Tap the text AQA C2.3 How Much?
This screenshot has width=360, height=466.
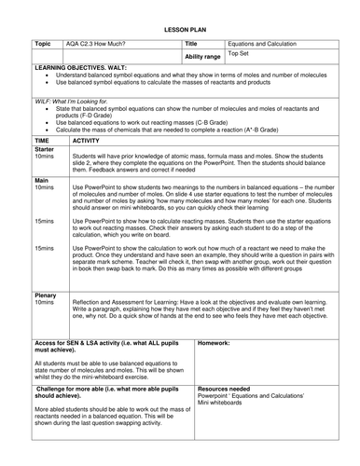tap(95, 43)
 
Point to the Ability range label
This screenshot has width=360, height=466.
tap(202, 57)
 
